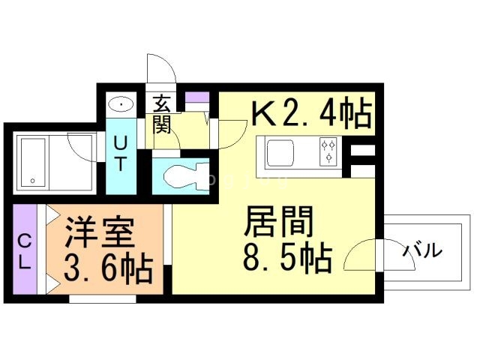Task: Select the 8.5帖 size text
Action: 287,259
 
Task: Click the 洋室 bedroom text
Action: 99,232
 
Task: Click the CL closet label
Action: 24,251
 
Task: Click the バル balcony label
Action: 421,251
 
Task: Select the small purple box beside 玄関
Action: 196,98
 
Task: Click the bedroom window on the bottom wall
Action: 103,299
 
